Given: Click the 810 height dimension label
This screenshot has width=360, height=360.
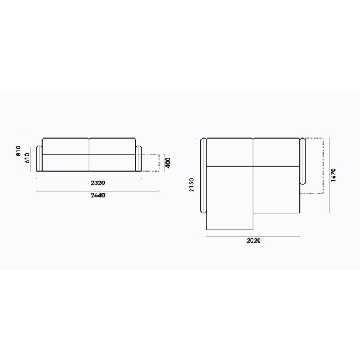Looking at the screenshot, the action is [19, 151].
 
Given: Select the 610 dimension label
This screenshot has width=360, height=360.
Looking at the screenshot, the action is [27, 158].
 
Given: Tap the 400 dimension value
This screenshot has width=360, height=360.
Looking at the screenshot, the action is [168, 163].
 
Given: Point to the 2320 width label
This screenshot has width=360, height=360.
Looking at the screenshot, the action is [98, 183].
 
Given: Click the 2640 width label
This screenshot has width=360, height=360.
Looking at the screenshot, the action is [98, 195].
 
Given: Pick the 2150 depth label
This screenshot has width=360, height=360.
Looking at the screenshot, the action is [191, 185].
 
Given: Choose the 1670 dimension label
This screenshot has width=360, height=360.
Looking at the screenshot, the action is [333, 175].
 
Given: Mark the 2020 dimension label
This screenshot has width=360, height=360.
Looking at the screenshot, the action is [253, 241].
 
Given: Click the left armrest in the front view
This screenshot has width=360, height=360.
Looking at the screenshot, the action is [40, 158].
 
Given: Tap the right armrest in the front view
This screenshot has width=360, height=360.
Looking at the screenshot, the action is [139, 158].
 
